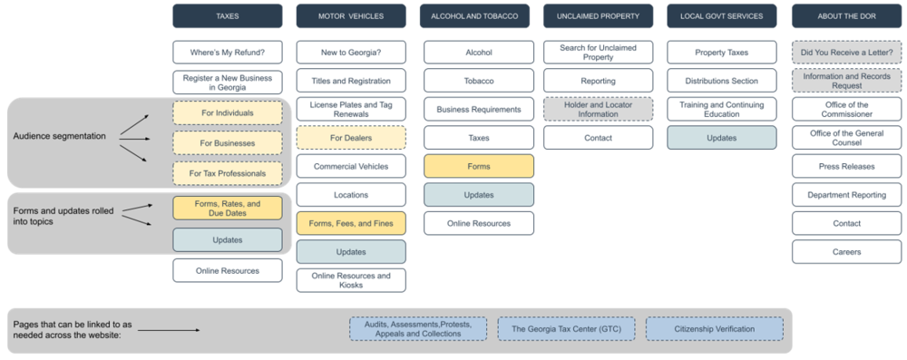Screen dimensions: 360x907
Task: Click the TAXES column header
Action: tap(228, 16)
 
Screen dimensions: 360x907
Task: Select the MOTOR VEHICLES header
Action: tap(351, 16)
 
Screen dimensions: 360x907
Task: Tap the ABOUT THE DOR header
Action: tap(846, 16)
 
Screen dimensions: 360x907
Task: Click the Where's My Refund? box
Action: tap(228, 53)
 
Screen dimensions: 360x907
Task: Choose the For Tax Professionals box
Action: tap(228, 173)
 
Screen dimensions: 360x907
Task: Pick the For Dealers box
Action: tap(351, 138)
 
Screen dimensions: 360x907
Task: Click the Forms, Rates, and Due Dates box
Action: tap(228, 209)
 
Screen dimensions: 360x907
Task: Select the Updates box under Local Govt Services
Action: tap(722, 138)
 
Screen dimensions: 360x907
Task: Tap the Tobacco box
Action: tap(479, 82)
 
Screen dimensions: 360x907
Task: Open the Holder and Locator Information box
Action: tap(598, 110)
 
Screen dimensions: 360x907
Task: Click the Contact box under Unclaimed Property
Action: tap(598, 138)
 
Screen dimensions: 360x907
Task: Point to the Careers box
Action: tap(846, 251)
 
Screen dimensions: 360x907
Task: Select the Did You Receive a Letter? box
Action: tap(846, 53)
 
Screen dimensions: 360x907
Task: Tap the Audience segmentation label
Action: tap(59, 136)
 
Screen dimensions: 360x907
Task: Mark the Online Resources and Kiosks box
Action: tap(351, 280)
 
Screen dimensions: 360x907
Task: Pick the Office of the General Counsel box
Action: tap(846, 138)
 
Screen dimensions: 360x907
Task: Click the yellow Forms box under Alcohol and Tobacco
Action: tap(479, 166)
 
